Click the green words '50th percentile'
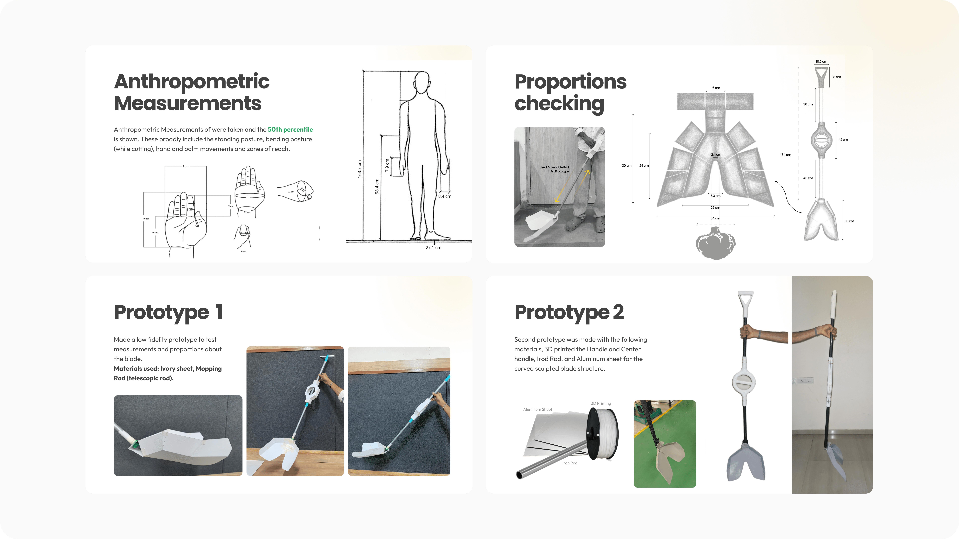tap(290, 130)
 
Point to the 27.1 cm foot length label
tap(433, 247)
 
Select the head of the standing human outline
tap(422, 83)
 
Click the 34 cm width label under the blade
tap(715, 218)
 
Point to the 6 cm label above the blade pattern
tap(716, 88)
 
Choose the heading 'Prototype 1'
tap(168, 312)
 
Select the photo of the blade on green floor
tap(665, 444)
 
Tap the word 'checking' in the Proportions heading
tap(559, 104)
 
